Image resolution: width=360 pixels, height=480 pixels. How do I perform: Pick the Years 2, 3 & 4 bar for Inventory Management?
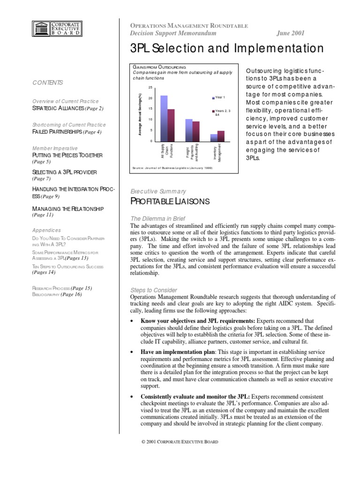point(221,136)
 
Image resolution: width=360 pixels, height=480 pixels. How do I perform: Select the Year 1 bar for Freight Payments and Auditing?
point(189,130)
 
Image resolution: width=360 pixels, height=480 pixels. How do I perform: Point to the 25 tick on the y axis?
point(150,88)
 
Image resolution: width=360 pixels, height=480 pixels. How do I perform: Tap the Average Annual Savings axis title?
point(140,115)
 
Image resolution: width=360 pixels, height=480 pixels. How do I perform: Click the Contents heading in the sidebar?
point(47,82)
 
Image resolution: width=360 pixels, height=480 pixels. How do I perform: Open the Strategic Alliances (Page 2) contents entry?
point(67,108)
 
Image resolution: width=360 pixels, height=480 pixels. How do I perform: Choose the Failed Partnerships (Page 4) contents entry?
point(67,132)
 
